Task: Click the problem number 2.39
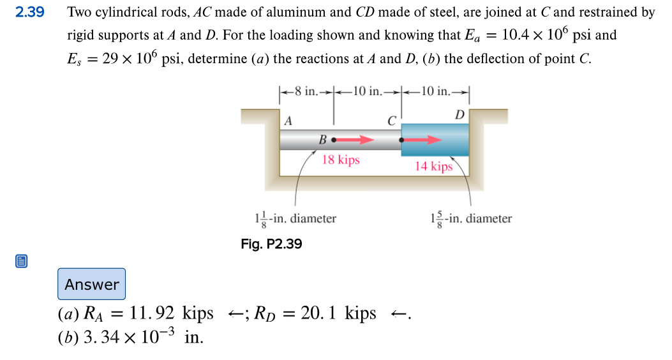click(29, 12)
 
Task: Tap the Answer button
click(92, 284)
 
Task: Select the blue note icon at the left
click(22, 261)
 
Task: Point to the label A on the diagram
click(288, 120)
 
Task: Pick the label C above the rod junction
click(391, 120)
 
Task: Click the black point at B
click(333, 139)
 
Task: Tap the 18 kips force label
click(341, 160)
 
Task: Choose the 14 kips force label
click(433, 167)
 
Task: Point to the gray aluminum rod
click(306, 140)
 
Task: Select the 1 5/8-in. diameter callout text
click(471, 219)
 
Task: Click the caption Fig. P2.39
click(271, 244)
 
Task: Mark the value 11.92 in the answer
click(153, 314)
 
